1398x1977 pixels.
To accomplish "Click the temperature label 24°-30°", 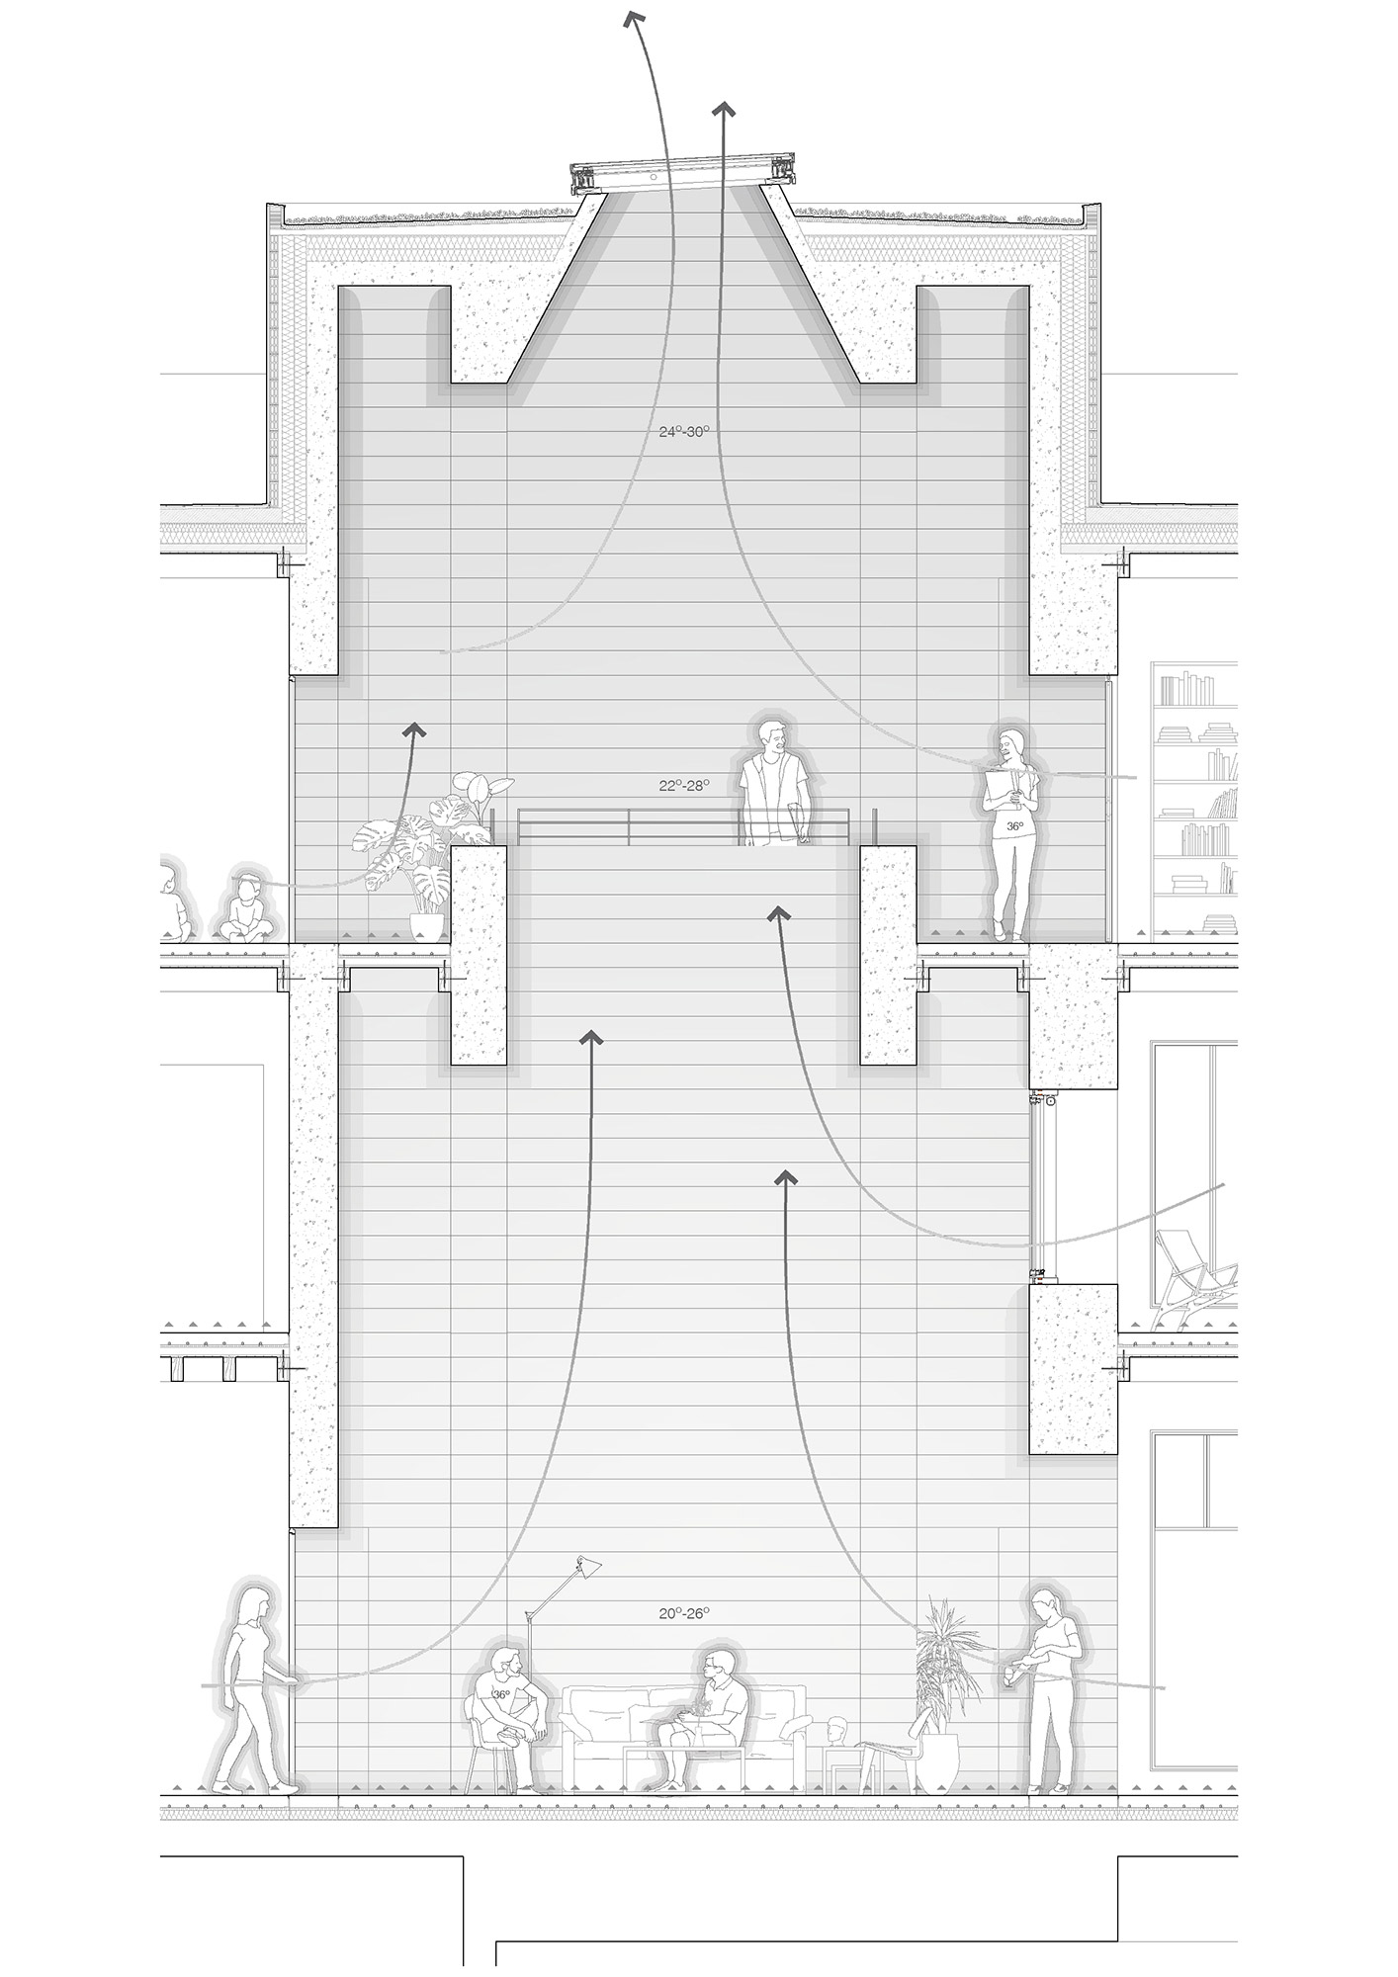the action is tap(684, 432).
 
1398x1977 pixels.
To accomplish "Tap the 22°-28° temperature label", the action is tap(684, 786).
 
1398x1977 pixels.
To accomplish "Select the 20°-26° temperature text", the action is tap(684, 1613).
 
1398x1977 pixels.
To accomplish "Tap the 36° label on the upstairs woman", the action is tap(1014, 825).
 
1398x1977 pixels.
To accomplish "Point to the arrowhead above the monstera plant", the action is tap(413, 730).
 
